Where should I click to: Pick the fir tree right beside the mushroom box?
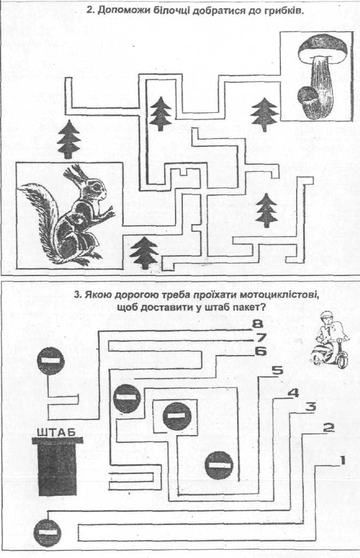[265, 114]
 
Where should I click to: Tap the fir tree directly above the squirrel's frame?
[68, 139]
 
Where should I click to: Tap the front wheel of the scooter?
[343, 359]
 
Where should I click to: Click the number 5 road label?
[277, 371]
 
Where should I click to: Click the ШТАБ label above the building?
[55, 434]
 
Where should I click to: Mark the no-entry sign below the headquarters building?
[47, 533]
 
